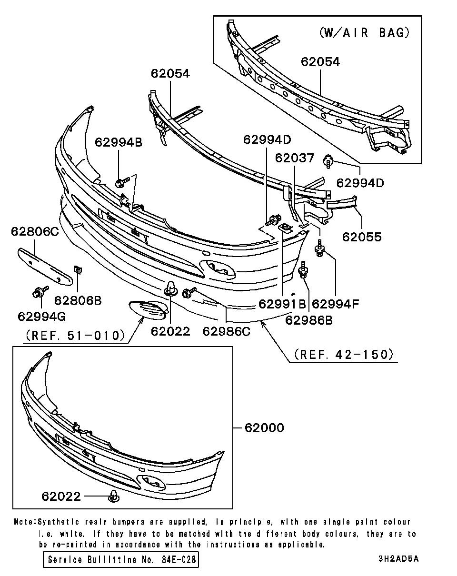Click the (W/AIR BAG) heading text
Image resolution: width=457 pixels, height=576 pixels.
coord(364,33)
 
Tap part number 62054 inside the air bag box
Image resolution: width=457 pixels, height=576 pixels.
coord(320,62)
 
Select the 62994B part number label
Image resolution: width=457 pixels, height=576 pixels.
coord(119,142)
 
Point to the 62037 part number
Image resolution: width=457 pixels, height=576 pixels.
coord(294,158)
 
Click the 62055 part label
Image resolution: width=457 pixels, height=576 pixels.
coord(362,237)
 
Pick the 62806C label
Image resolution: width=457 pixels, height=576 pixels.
coord(35,231)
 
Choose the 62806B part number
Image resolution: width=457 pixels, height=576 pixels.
coord(78,300)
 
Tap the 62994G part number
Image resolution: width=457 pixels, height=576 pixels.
coord(41,317)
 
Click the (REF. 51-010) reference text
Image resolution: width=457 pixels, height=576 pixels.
coord(75,335)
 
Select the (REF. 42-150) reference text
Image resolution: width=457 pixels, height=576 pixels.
coord(344,354)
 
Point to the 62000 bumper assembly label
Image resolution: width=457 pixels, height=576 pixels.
coord(264,428)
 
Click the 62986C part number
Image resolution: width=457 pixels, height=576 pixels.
coord(226,331)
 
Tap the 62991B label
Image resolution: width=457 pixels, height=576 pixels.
coord(282,304)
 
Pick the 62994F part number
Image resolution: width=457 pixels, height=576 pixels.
coord(335,304)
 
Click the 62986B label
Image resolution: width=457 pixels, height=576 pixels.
coord(308,320)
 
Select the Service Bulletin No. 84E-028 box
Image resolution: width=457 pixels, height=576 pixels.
coord(121,560)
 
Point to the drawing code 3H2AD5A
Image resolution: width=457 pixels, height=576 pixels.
coord(398,559)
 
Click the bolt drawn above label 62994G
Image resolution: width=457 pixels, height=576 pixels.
coord(40,291)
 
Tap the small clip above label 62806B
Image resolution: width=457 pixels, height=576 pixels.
coord(78,270)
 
